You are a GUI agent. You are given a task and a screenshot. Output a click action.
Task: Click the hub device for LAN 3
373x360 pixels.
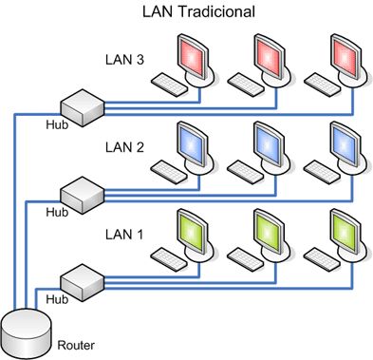[x=81, y=106]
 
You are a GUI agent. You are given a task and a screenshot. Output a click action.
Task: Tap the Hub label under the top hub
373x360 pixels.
[x=57, y=123]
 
